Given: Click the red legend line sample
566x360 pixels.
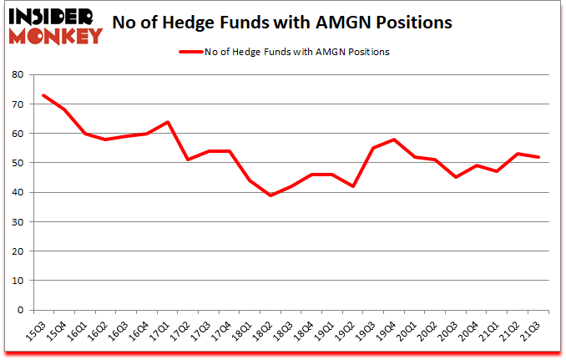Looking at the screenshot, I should coord(191,52).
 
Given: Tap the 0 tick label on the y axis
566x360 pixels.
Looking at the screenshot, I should coord(18,311).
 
